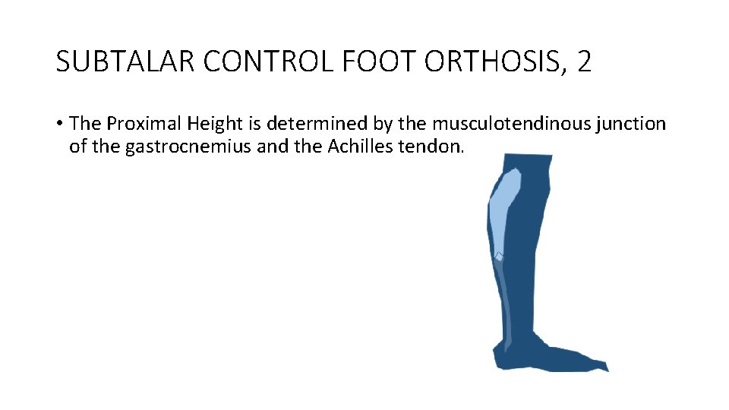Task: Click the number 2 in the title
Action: tap(583, 61)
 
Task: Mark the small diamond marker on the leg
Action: tap(499, 257)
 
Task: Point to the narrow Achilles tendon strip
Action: tap(506, 304)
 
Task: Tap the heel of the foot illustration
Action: tap(499, 357)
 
